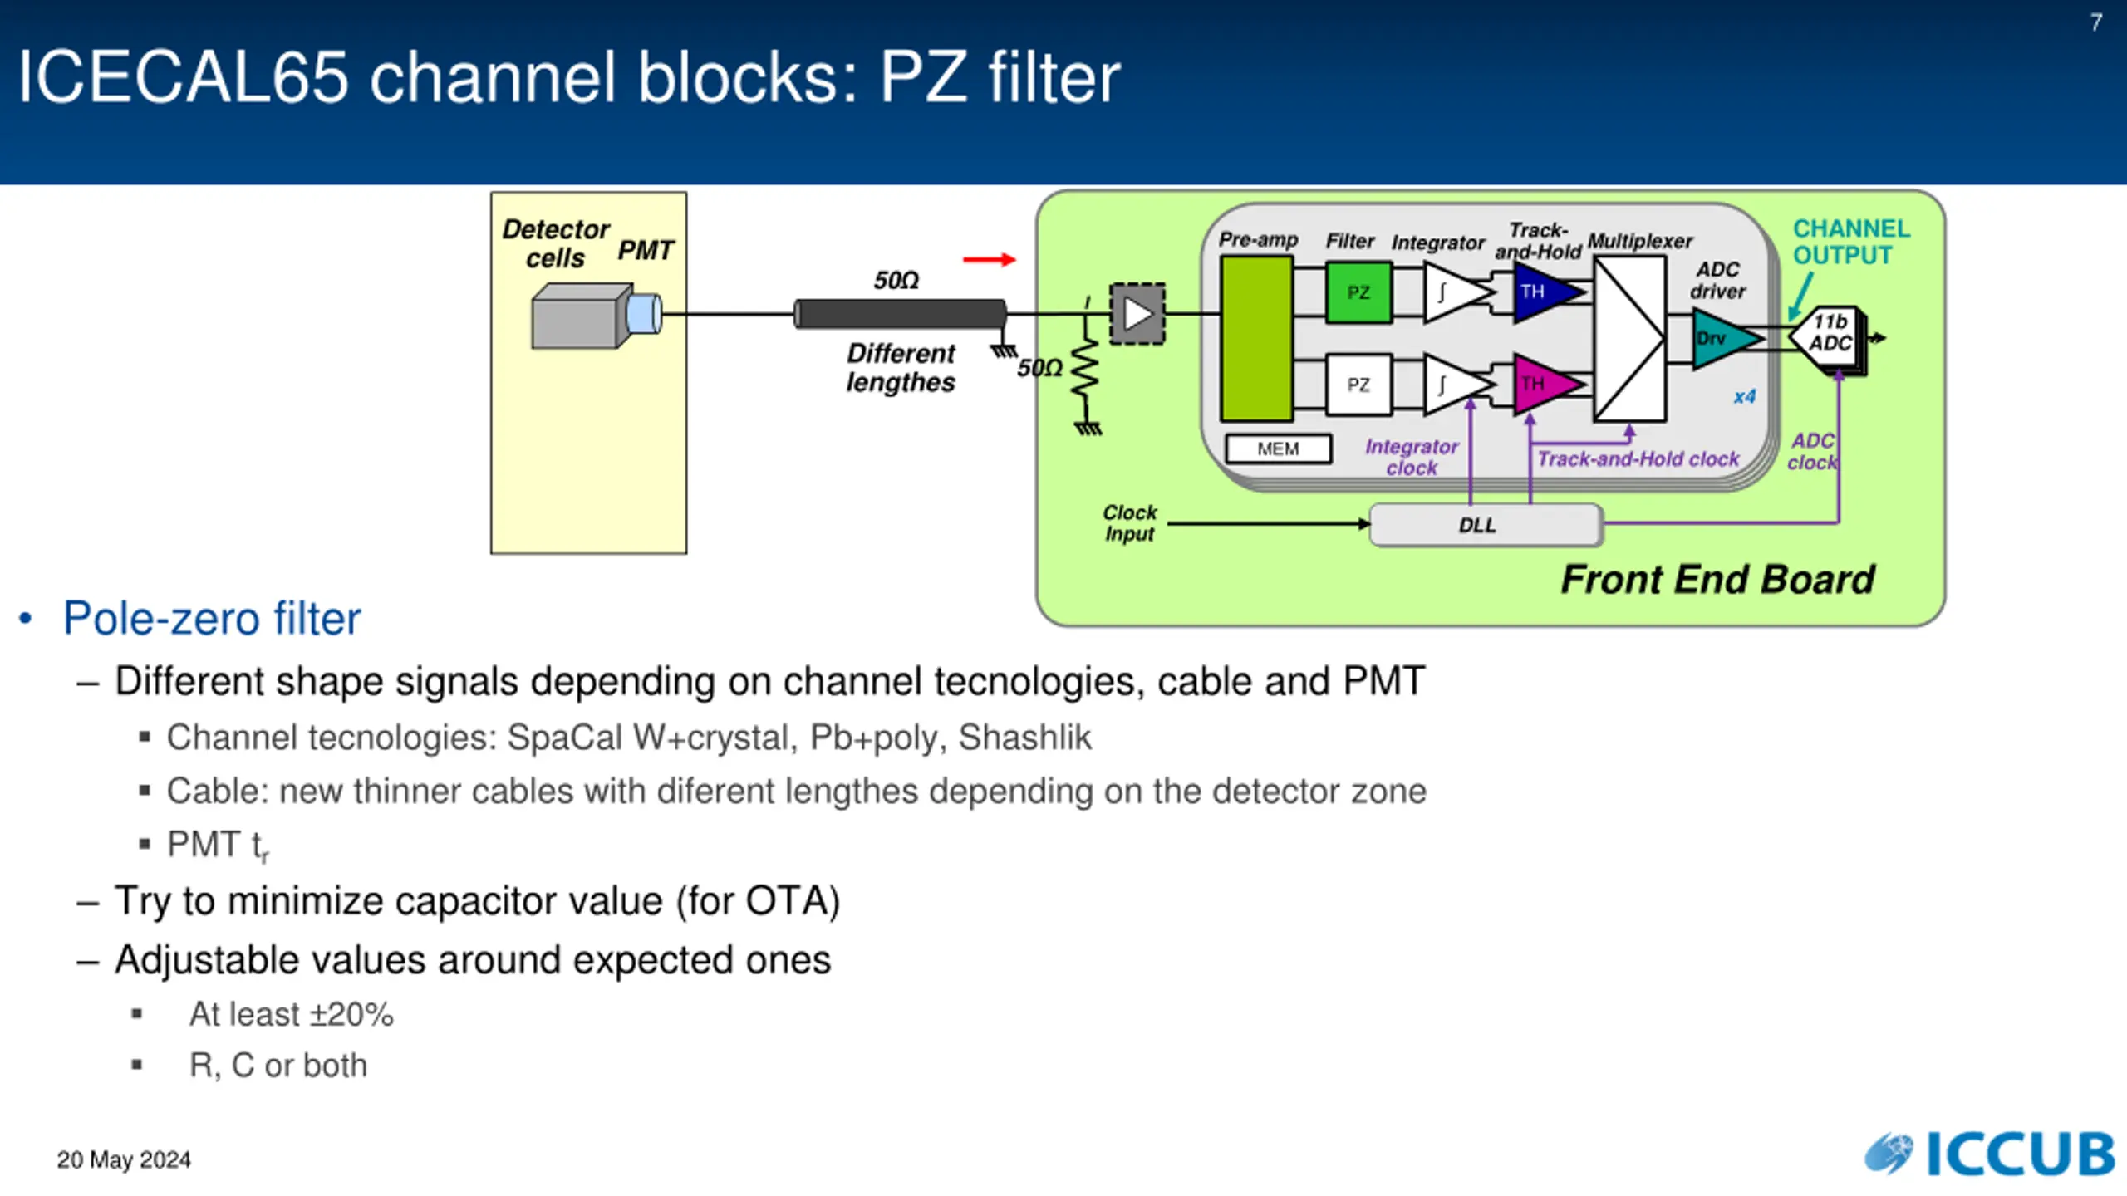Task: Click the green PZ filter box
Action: pyautogui.click(x=1358, y=292)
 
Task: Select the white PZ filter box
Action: pyautogui.click(x=1358, y=385)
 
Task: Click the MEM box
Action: pyautogui.click(x=1278, y=448)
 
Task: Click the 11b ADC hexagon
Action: pyautogui.click(x=1829, y=333)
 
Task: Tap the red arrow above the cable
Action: pyautogui.click(x=989, y=260)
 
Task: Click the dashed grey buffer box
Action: pyautogui.click(x=1137, y=314)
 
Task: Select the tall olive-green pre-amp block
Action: pyautogui.click(x=1256, y=338)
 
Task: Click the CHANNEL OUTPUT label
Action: pyautogui.click(x=1850, y=242)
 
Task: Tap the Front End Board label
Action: pyautogui.click(x=1717, y=580)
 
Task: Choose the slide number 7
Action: pyautogui.click(x=2095, y=22)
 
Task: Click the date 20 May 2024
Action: pyautogui.click(x=124, y=1159)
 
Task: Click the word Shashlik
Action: pyautogui.click(x=1024, y=738)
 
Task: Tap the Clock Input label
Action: pyautogui.click(x=1129, y=523)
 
